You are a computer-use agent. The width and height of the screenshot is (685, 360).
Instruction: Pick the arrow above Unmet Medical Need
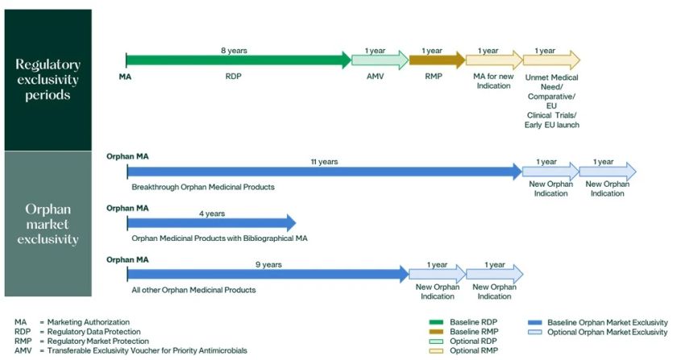[x=550, y=60]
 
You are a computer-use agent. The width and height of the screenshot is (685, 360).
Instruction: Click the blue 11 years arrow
[x=322, y=171]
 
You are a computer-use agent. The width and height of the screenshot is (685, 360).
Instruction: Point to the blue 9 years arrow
[x=266, y=274]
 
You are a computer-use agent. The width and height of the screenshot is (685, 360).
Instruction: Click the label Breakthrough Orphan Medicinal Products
[x=203, y=187]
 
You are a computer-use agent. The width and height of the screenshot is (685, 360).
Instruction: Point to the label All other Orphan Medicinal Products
[x=193, y=289]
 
